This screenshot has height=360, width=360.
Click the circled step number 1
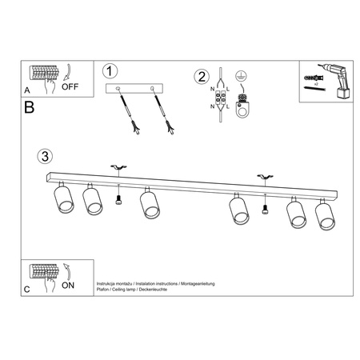[111, 71]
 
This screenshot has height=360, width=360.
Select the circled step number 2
[201, 77]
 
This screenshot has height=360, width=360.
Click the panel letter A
[27, 90]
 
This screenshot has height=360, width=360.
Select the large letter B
[30, 106]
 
